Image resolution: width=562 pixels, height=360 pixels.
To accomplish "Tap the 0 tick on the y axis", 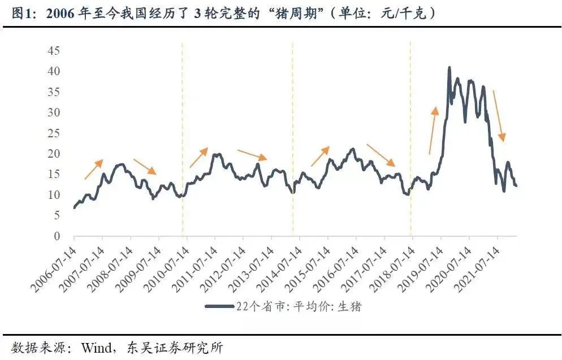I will [57, 236].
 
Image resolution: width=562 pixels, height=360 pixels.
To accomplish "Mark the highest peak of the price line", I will [449, 68].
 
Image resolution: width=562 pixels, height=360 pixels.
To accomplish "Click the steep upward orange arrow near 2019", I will [433, 130].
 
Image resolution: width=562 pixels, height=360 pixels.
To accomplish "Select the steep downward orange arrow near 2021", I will [498, 116].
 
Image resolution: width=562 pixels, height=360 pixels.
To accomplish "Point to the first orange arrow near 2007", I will [94, 170].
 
